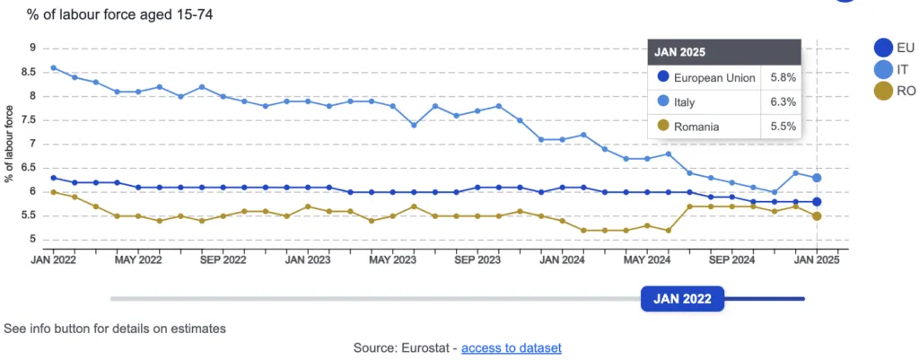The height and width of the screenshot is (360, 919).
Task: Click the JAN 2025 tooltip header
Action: (679, 51)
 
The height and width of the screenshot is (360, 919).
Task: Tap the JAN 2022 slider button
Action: (682, 299)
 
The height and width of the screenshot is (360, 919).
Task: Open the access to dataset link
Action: (512, 347)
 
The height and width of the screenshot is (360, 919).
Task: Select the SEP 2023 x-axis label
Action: (477, 260)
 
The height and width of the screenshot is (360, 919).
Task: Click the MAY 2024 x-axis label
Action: (646, 260)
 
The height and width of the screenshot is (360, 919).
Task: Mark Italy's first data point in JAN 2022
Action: (54, 67)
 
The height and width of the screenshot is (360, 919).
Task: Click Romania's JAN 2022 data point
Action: (54, 192)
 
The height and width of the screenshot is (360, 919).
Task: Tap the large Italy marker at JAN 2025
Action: (817, 178)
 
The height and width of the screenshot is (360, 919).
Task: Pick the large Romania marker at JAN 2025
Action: (817, 215)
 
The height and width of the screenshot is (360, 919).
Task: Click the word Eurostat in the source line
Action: (428, 347)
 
